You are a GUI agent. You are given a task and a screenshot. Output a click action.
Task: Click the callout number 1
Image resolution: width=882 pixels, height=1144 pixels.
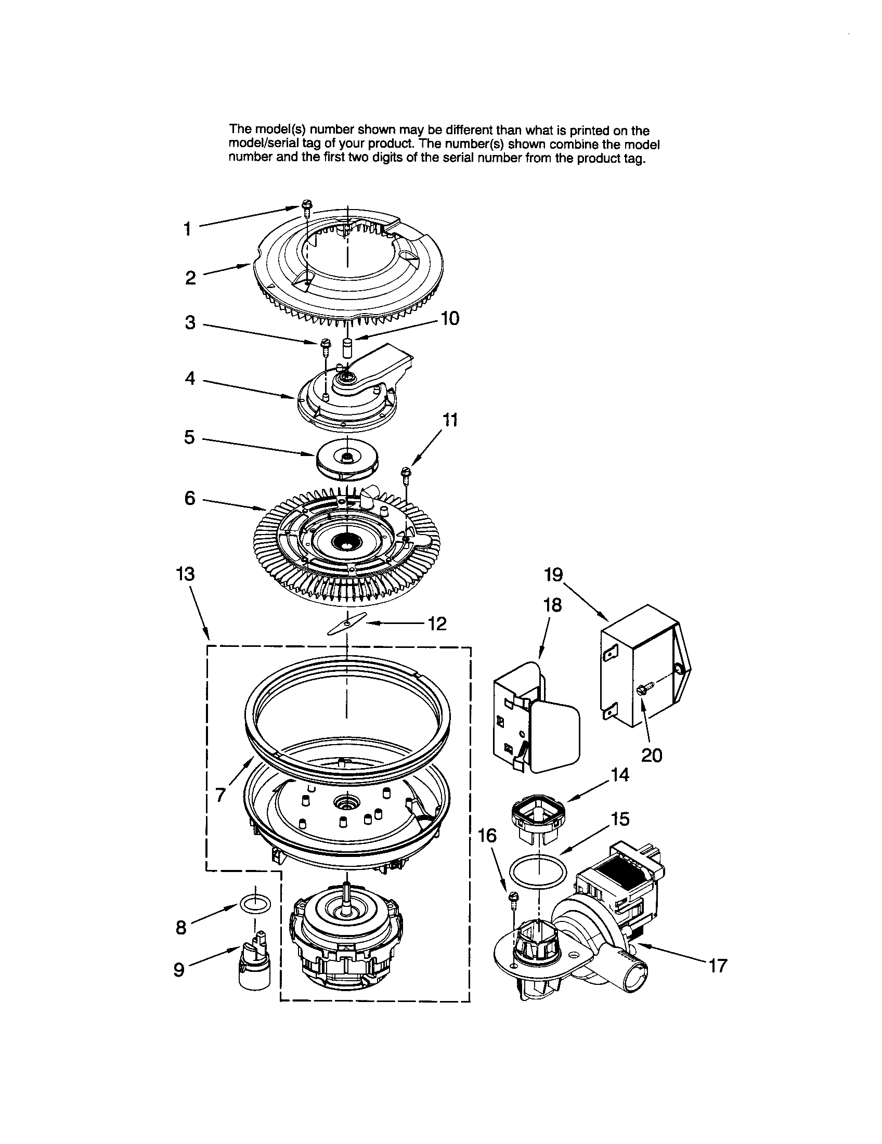(x=187, y=229)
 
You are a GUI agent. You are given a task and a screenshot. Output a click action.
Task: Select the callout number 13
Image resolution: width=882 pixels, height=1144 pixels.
(x=185, y=574)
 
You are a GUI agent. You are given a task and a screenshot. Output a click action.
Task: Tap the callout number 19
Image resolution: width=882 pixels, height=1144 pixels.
(x=553, y=575)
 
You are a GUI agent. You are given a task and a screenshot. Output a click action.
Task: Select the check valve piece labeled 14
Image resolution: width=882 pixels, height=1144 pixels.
(x=539, y=813)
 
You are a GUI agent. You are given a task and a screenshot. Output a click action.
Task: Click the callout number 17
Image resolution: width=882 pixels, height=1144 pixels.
(x=718, y=966)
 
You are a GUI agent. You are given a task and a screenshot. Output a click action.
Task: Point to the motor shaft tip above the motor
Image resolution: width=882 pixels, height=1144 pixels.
(x=346, y=885)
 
